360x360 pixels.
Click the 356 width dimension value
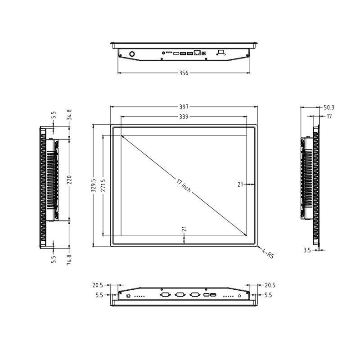[184, 73]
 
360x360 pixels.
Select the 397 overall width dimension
[184, 107]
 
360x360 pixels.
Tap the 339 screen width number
[184, 117]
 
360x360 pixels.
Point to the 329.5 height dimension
[93, 185]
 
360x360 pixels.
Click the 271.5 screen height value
[103, 185]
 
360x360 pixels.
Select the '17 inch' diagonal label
[184, 185]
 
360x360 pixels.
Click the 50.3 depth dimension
[329, 107]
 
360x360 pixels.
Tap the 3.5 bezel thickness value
[307, 250]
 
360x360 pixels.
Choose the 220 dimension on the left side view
[69, 180]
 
